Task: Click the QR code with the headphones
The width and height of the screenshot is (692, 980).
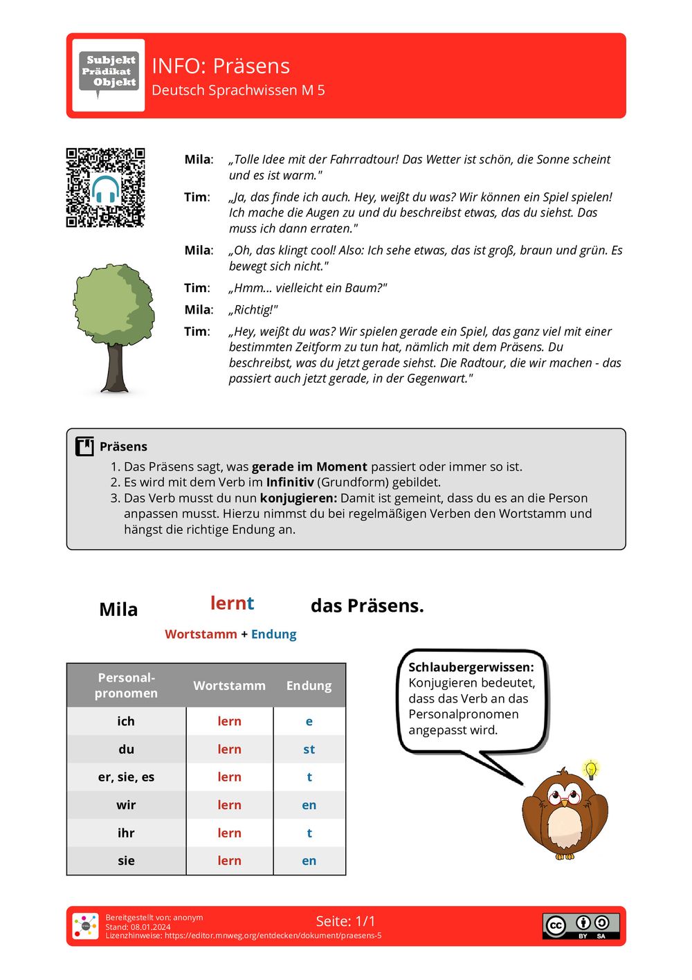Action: pos(105,188)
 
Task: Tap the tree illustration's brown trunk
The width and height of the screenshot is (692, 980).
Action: pos(115,367)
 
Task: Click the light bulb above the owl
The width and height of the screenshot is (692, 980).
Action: pos(590,769)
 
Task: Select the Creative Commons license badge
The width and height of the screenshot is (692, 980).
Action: pos(581,926)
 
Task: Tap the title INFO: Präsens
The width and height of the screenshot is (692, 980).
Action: pos(221,66)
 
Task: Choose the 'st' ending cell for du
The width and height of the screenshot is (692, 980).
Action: pos(309,750)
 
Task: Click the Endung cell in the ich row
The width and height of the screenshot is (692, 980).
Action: pos(309,721)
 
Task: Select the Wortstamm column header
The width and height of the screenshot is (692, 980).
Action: pos(229,685)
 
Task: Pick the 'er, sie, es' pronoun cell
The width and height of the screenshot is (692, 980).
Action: pos(126,777)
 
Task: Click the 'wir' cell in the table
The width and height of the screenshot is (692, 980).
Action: pos(126,805)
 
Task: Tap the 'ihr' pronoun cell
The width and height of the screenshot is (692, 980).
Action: pos(126,833)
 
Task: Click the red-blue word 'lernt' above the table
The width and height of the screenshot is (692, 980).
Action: pos(233,604)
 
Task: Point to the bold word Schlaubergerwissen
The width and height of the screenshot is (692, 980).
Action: pos(471,667)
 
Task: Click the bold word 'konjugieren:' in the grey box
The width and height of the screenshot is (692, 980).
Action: pos(298,498)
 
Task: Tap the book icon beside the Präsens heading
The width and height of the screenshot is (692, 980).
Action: pos(84,446)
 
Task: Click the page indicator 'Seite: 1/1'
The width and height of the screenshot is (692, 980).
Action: pos(345,921)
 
